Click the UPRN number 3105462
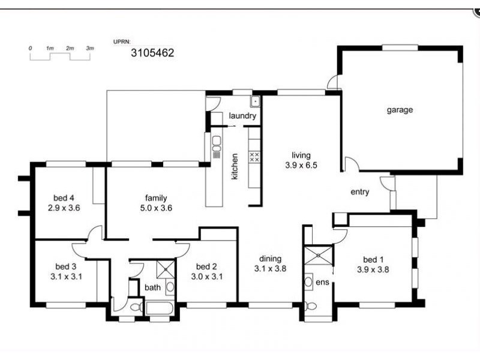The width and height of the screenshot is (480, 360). pos(152,53)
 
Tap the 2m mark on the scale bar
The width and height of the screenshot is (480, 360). pos(70,47)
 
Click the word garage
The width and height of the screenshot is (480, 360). pos(400,110)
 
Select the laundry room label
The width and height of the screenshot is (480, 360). pos(242,116)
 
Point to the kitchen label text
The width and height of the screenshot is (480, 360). pos(235,167)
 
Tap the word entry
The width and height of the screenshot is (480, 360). pos(360,192)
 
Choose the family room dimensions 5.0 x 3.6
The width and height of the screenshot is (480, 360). pos(155,208)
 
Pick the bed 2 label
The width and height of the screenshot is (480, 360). pos(206,266)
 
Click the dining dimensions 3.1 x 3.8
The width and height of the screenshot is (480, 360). pos(269,269)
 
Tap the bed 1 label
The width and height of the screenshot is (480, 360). pos(373,260)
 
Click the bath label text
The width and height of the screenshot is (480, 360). pos(152,287)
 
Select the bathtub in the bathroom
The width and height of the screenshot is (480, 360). pos(158,308)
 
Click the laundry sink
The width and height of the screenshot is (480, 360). pos(255,101)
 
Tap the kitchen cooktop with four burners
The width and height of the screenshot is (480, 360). pos(254,157)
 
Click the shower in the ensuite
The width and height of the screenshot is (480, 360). pos(318,254)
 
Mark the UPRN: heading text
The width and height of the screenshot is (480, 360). pos(121,42)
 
